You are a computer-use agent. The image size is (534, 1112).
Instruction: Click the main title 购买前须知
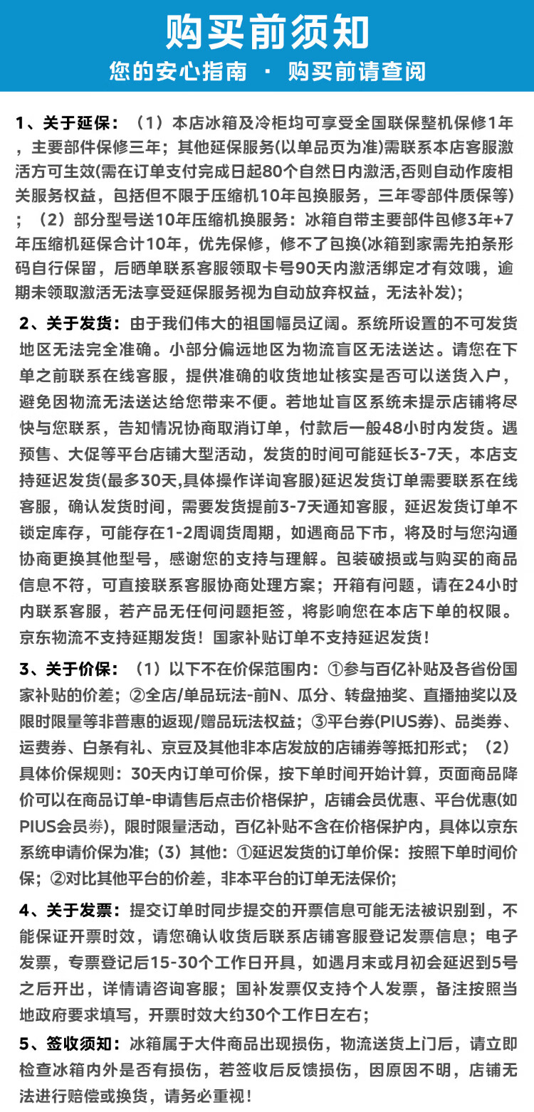(x=267, y=33)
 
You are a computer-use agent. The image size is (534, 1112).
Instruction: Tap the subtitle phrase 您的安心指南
(x=178, y=71)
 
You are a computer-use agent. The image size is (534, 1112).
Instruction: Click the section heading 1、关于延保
(x=67, y=122)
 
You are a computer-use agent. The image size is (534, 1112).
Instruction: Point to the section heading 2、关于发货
(x=67, y=324)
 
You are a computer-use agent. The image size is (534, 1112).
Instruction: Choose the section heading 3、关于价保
(x=67, y=670)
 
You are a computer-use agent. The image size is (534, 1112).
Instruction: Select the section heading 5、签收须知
(x=67, y=1044)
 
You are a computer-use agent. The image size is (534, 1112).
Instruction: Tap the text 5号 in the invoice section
(x=503, y=962)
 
